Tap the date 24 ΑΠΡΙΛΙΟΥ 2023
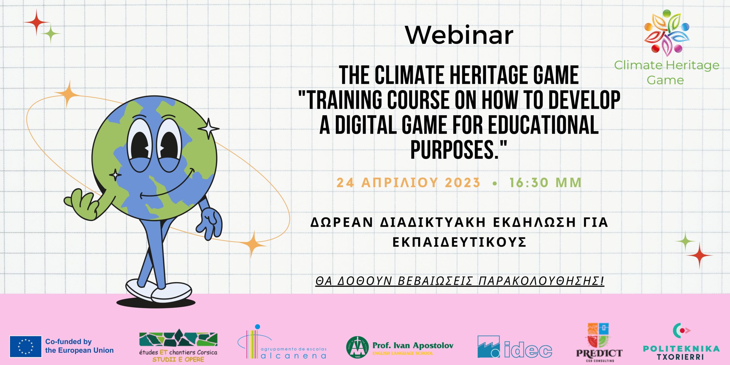pyautogui.click(x=408, y=183)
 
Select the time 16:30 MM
pyautogui.click(x=545, y=183)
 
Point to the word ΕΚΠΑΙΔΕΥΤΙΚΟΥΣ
pyautogui.click(x=459, y=242)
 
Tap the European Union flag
pyautogui.click(x=26, y=346)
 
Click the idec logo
pyautogui.click(x=515, y=346)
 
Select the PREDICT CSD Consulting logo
pyautogui.click(x=599, y=342)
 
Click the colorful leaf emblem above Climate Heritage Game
pyautogui.click(x=666, y=33)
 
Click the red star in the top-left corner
pyautogui.click(x=36, y=22)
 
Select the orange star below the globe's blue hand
pyautogui.click(x=252, y=244)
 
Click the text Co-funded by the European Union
pyautogui.click(x=79, y=346)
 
